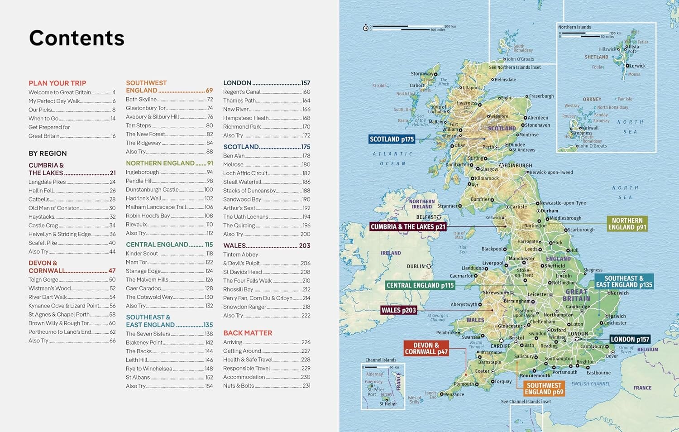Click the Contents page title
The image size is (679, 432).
pyautogui.click(x=77, y=38)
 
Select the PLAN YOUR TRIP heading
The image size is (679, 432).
pyautogui.click(x=57, y=83)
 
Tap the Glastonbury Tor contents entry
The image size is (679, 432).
pyautogui.click(x=146, y=108)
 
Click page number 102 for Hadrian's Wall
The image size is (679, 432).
pyautogui.click(x=209, y=198)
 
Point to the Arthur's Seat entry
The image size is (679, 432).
pyautogui.click(x=239, y=208)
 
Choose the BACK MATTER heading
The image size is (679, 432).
pyautogui.click(x=248, y=333)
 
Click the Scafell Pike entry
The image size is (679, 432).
pyautogui.click(x=43, y=243)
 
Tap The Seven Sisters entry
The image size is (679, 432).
pyautogui.click(x=148, y=334)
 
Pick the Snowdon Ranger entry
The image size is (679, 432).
pyautogui.click(x=244, y=307)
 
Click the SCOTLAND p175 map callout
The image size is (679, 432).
pyautogui.click(x=392, y=139)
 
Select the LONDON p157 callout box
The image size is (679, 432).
pyautogui.click(x=630, y=339)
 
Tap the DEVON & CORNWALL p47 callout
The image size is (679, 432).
pyautogui.click(x=426, y=348)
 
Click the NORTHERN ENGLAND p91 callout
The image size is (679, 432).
pyautogui.click(x=627, y=224)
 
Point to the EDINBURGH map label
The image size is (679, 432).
pyautogui.click(x=518, y=166)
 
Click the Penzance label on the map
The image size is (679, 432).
pyautogui.click(x=454, y=394)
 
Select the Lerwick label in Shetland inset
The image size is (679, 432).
pyautogui.click(x=637, y=66)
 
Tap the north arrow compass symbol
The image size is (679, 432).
pyautogui.click(x=366, y=28)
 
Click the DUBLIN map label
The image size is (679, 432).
pyautogui.click(x=416, y=267)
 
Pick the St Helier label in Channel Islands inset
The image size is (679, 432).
pyautogui.click(x=388, y=403)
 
